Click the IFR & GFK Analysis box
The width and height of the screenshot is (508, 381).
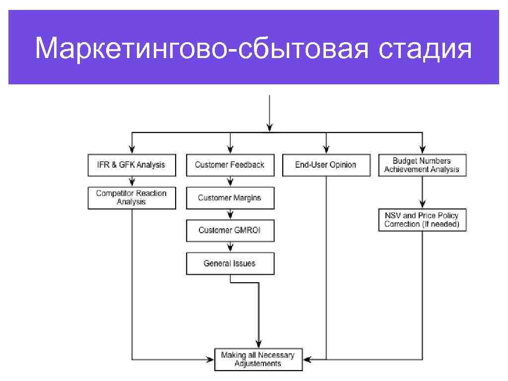[x=132, y=165]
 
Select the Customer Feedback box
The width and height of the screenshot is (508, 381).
[x=230, y=165]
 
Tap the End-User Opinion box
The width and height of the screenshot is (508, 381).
[x=326, y=165]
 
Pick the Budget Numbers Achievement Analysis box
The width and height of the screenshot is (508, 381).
[x=422, y=165]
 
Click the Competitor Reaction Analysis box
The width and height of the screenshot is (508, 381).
[x=132, y=198]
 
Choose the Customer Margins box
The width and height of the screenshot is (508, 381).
[x=230, y=198]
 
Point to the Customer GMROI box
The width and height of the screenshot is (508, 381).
[x=230, y=231]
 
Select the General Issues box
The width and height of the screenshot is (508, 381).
[x=230, y=263]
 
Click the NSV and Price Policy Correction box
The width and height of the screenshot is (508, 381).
[x=422, y=220]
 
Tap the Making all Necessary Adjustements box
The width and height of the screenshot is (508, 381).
[x=258, y=359]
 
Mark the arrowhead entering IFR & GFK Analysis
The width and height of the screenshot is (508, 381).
[x=132, y=149]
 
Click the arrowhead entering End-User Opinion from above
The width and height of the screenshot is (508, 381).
[x=326, y=149]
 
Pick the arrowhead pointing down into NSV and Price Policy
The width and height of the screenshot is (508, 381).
[x=422, y=204]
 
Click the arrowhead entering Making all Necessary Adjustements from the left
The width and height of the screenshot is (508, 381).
[x=210, y=358]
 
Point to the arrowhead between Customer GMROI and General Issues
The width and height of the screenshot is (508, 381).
[x=230, y=249]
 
